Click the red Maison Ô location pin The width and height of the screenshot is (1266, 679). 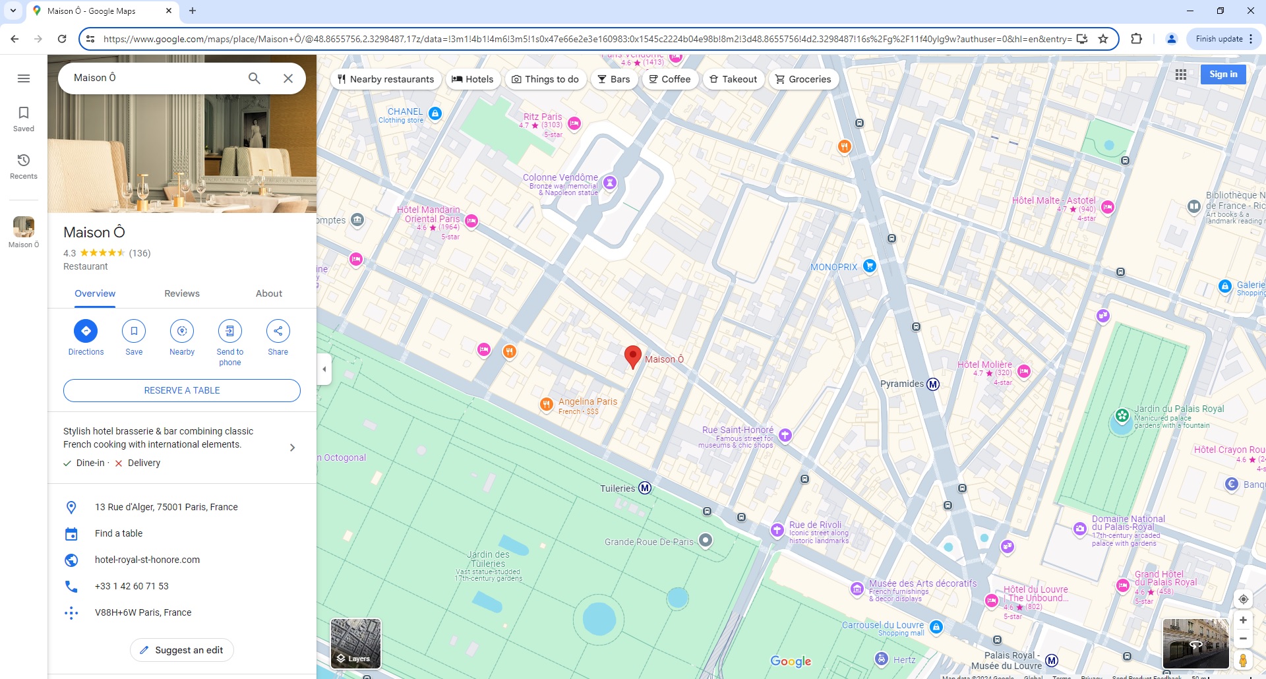(633, 356)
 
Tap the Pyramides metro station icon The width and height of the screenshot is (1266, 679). (933, 384)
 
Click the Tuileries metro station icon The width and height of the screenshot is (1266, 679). (645, 488)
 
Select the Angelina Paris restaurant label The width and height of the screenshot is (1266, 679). (588, 401)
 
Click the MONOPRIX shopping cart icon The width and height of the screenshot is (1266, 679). (870, 266)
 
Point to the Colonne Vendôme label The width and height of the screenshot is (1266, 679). (560, 177)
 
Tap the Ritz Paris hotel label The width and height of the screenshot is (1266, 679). (543, 117)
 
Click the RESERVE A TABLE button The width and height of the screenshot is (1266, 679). (182, 390)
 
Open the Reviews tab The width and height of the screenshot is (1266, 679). (182, 293)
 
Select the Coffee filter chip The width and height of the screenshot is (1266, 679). (670, 79)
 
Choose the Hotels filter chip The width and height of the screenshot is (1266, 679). (472, 79)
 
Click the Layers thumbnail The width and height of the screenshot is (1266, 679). (355, 643)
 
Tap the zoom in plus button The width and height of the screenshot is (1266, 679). (1243, 620)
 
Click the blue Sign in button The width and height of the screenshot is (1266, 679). (1223, 74)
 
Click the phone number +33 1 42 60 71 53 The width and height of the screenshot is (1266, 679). (132, 586)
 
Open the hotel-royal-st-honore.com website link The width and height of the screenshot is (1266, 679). (147, 560)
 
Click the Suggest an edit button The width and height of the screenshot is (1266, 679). (182, 650)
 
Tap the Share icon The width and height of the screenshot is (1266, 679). (278, 331)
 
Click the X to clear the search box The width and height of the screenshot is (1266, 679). (288, 78)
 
